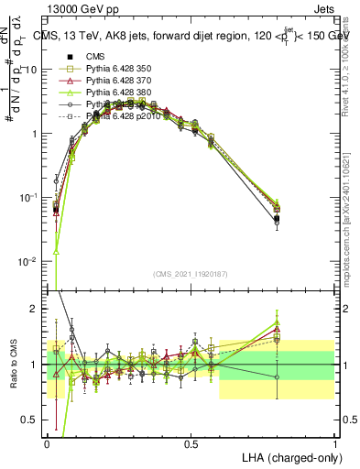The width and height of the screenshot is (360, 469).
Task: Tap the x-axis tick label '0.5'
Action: [191, 443]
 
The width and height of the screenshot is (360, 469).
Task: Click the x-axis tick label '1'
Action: [335, 443]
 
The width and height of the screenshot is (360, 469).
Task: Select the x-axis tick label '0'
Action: [47, 443]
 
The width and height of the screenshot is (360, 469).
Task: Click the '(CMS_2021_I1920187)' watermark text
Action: [191, 274]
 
